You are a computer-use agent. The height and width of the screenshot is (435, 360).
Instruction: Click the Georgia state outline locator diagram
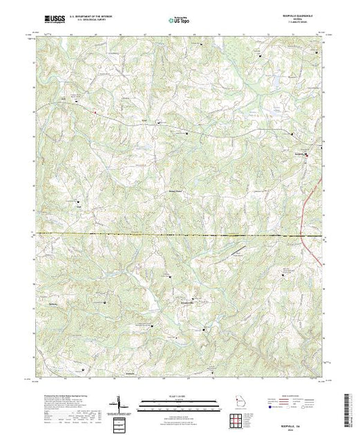238,402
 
